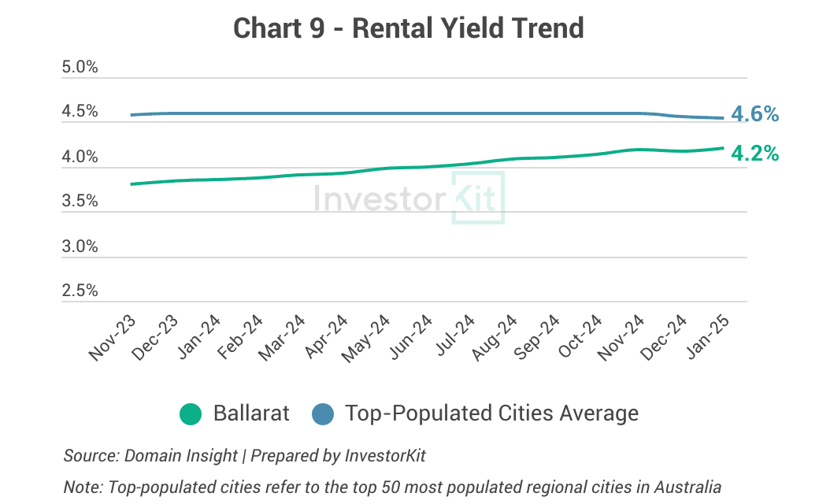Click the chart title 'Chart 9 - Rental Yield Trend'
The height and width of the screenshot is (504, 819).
point(409,28)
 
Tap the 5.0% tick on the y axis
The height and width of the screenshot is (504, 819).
point(80,67)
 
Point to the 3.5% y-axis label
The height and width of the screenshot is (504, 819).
point(80,202)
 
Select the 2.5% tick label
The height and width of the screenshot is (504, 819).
point(80,291)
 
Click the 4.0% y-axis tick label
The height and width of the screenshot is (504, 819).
point(80,157)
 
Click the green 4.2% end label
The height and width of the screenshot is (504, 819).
point(754,154)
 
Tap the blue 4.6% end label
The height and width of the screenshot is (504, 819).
point(754,115)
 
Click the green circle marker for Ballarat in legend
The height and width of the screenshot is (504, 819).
point(191,413)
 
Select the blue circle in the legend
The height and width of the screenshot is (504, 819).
point(323,413)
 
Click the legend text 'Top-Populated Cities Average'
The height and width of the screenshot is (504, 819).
point(491,413)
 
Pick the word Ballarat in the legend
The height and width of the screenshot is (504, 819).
point(251,413)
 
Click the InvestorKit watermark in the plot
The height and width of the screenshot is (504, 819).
point(409,198)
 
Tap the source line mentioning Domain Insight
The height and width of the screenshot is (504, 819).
point(244,455)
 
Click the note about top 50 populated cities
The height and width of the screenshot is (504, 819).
point(391,487)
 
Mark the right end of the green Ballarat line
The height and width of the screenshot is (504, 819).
point(724,147)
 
